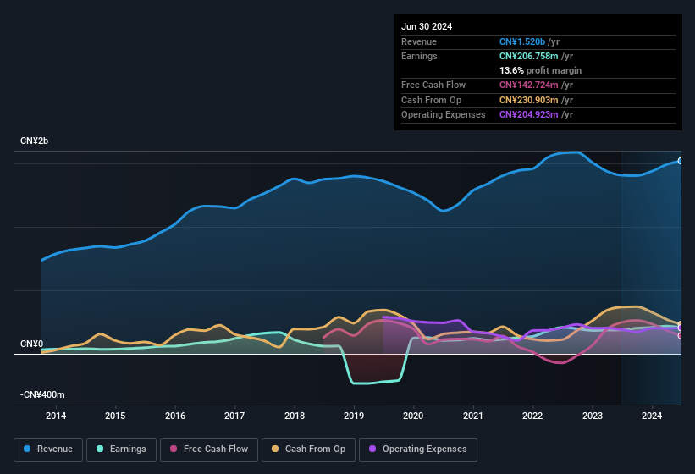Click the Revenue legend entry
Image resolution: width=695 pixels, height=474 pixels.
48,449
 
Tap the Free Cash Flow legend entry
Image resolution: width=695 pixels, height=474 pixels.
209,449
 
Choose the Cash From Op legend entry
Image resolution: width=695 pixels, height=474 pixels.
308,449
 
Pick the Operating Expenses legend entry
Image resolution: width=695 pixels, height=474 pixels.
417,449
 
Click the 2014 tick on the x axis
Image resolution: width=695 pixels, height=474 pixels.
56,416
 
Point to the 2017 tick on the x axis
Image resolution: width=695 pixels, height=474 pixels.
234,416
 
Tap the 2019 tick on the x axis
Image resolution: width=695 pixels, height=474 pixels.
354,416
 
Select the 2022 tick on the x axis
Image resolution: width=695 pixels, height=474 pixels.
532,416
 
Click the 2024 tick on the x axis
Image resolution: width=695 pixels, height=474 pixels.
652,416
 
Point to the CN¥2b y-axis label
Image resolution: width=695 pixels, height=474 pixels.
35,141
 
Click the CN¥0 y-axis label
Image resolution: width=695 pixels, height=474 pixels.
31,344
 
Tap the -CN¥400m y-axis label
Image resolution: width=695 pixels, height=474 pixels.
42,394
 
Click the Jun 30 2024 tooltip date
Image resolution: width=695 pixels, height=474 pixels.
427,26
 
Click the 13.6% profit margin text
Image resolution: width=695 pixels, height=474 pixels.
540,70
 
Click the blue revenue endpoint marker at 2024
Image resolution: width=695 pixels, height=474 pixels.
681,161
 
